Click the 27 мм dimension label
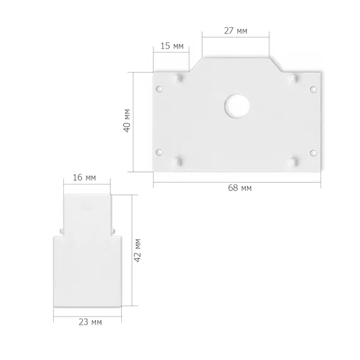pyautogui.click(x=236, y=30)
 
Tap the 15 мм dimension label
pyautogui.click(x=172, y=46)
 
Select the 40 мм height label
pyautogui.click(x=127, y=121)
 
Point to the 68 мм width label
pyautogui.click(x=240, y=188)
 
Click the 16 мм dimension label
pyautogui.click(x=84, y=177)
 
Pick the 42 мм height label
pyautogui.click(x=138, y=251)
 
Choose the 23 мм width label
pyautogui.click(x=90, y=322)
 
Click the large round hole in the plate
pyautogui.click(x=237, y=106)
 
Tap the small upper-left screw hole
pyautogui.click(x=159, y=89)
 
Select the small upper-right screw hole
pyautogui.click(x=313, y=89)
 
